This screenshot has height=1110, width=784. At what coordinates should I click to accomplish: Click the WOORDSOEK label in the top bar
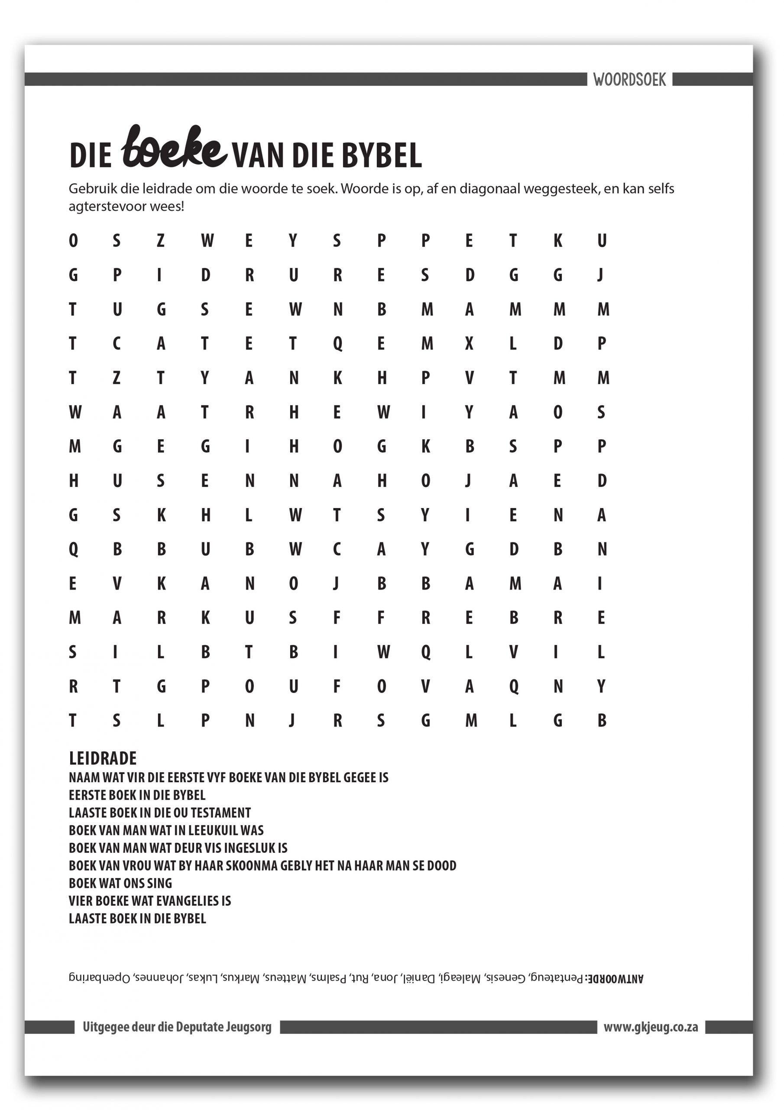(629, 79)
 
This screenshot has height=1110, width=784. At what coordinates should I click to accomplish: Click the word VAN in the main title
(259, 156)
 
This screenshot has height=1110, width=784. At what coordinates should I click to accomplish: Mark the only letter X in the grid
(469, 344)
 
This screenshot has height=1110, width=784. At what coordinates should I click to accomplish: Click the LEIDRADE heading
(103, 758)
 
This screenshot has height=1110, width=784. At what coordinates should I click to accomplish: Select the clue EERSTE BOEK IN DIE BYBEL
(137, 795)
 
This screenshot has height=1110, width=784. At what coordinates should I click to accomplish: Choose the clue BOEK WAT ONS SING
(120, 883)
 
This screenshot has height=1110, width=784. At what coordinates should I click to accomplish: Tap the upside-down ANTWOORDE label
(615, 979)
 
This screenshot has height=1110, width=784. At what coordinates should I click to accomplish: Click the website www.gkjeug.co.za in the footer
(651, 1027)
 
